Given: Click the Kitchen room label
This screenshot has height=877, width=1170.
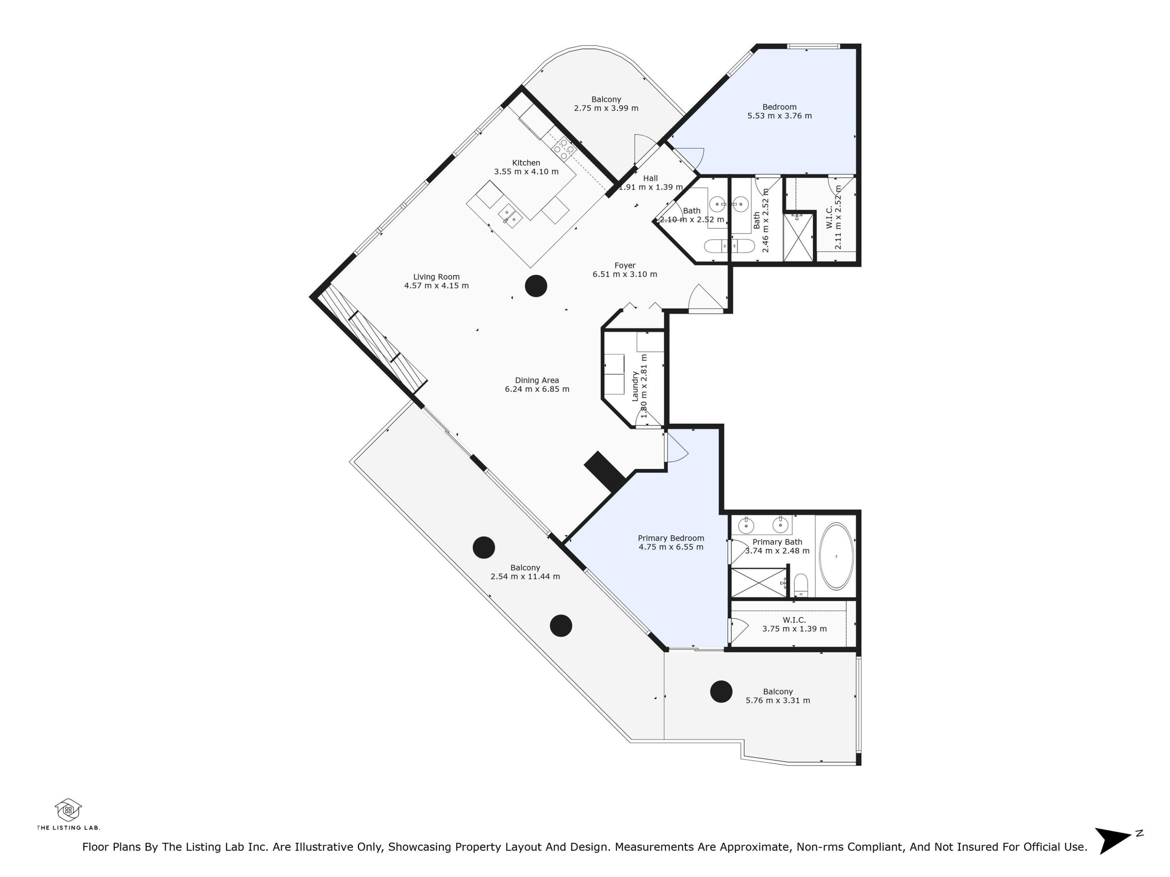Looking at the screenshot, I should coord(526,163).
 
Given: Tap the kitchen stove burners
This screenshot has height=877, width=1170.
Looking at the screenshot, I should coord(563,149).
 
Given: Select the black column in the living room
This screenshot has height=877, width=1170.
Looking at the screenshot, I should coord(536,286).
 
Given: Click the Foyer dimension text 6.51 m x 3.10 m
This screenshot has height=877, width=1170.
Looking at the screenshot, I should coord(625,274).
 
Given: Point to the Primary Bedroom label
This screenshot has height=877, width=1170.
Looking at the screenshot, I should coord(671,538).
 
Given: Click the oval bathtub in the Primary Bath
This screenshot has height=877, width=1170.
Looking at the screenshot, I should coord(836,557).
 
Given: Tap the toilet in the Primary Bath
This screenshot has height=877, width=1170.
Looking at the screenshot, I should coord(801,585).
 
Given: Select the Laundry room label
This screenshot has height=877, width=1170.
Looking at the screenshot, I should coord(635,386).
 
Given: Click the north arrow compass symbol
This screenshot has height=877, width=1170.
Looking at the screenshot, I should coord(1113,840).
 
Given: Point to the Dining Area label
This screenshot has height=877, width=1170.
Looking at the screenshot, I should coord(537,380).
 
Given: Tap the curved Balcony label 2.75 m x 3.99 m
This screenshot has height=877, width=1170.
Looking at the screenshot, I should coord(606,104).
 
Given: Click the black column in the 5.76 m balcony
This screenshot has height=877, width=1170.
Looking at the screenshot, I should coord(721,691).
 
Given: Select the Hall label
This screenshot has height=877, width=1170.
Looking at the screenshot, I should coord(650,178).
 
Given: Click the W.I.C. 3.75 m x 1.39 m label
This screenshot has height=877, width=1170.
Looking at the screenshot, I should coord(794,624).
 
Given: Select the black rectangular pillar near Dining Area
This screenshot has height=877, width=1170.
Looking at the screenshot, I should coord(604,472).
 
